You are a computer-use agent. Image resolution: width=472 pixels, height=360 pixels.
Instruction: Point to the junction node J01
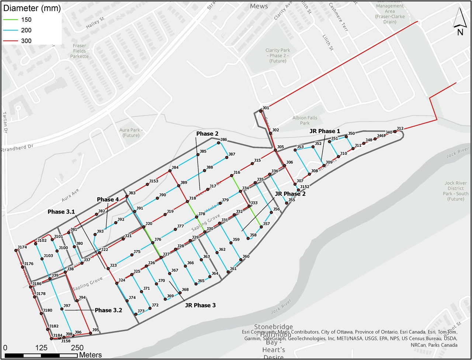click(261, 111)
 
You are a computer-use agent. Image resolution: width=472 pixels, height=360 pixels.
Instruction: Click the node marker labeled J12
click(395, 131)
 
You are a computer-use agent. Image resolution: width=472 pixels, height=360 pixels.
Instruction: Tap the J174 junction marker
click(16, 250)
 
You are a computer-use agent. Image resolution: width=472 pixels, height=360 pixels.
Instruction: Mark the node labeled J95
click(90, 333)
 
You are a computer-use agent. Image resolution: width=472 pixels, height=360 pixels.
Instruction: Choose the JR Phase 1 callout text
click(324, 131)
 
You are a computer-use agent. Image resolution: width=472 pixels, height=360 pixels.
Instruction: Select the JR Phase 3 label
click(200, 305)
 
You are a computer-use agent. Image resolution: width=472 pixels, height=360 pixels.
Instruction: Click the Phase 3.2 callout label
click(108, 310)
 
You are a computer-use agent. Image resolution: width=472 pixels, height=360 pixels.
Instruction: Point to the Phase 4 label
click(108, 200)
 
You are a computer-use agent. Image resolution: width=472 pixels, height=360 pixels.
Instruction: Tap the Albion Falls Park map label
click(305, 120)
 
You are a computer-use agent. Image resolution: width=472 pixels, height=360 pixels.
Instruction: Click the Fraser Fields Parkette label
click(79, 51)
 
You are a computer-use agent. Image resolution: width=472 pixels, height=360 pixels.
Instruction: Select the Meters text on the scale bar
click(90, 355)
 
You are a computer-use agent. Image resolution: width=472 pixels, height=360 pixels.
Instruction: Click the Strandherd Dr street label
click(17, 148)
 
